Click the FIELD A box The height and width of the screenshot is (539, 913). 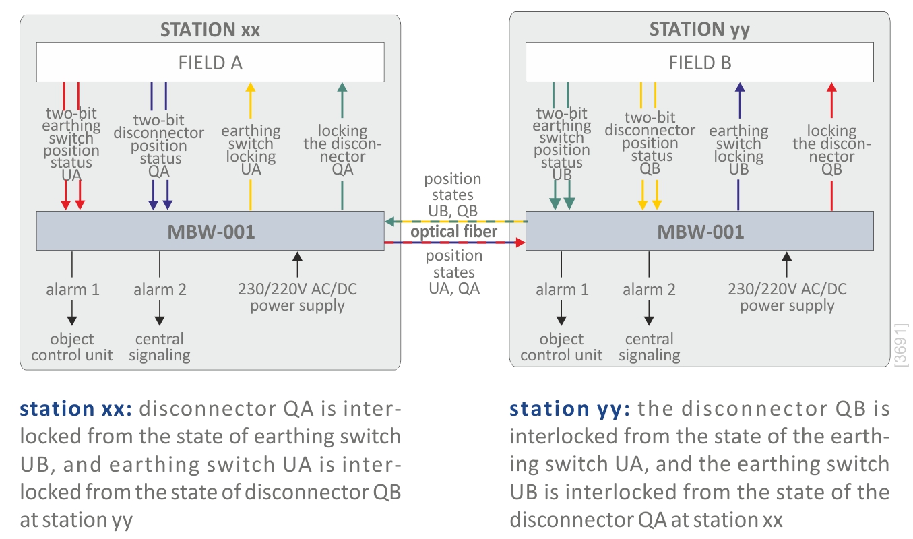(210, 63)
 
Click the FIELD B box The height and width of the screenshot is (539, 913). (699, 63)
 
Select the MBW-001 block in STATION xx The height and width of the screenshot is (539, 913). (210, 232)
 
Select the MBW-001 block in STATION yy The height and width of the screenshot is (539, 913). (699, 232)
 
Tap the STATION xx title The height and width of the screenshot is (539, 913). (210, 30)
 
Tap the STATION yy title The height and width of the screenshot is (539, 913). (699, 30)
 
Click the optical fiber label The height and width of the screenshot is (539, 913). (454, 232)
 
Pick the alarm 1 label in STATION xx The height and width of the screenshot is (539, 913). (72, 290)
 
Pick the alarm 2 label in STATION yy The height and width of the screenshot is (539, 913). (649, 290)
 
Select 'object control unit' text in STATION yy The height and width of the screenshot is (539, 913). (561, 347)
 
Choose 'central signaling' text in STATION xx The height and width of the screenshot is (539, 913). (159, 347)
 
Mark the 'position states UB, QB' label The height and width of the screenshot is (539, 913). (453, 195)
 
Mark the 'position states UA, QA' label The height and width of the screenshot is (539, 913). (453, 272)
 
